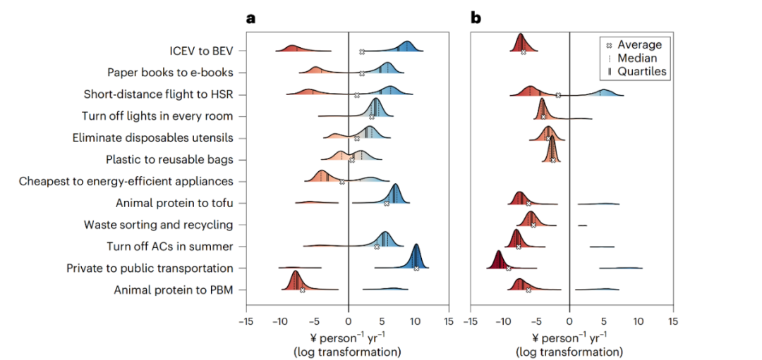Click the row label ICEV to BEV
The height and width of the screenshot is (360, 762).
click(201, 51)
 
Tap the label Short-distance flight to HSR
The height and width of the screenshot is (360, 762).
click(158, 94)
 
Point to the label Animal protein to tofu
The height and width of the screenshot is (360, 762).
click(174, 203)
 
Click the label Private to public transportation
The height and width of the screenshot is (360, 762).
click(150, 268)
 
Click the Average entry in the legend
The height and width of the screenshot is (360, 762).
click(639, 45)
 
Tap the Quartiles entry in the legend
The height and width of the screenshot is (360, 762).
click(641, 70)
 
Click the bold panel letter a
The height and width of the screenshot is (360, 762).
click(250, 18)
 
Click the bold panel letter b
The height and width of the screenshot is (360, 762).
click(476, 18)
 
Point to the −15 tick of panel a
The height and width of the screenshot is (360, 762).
click(246, 321)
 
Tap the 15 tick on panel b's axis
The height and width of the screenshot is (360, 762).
click(673, 321)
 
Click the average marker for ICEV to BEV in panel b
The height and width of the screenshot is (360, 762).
click(524, 52)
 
